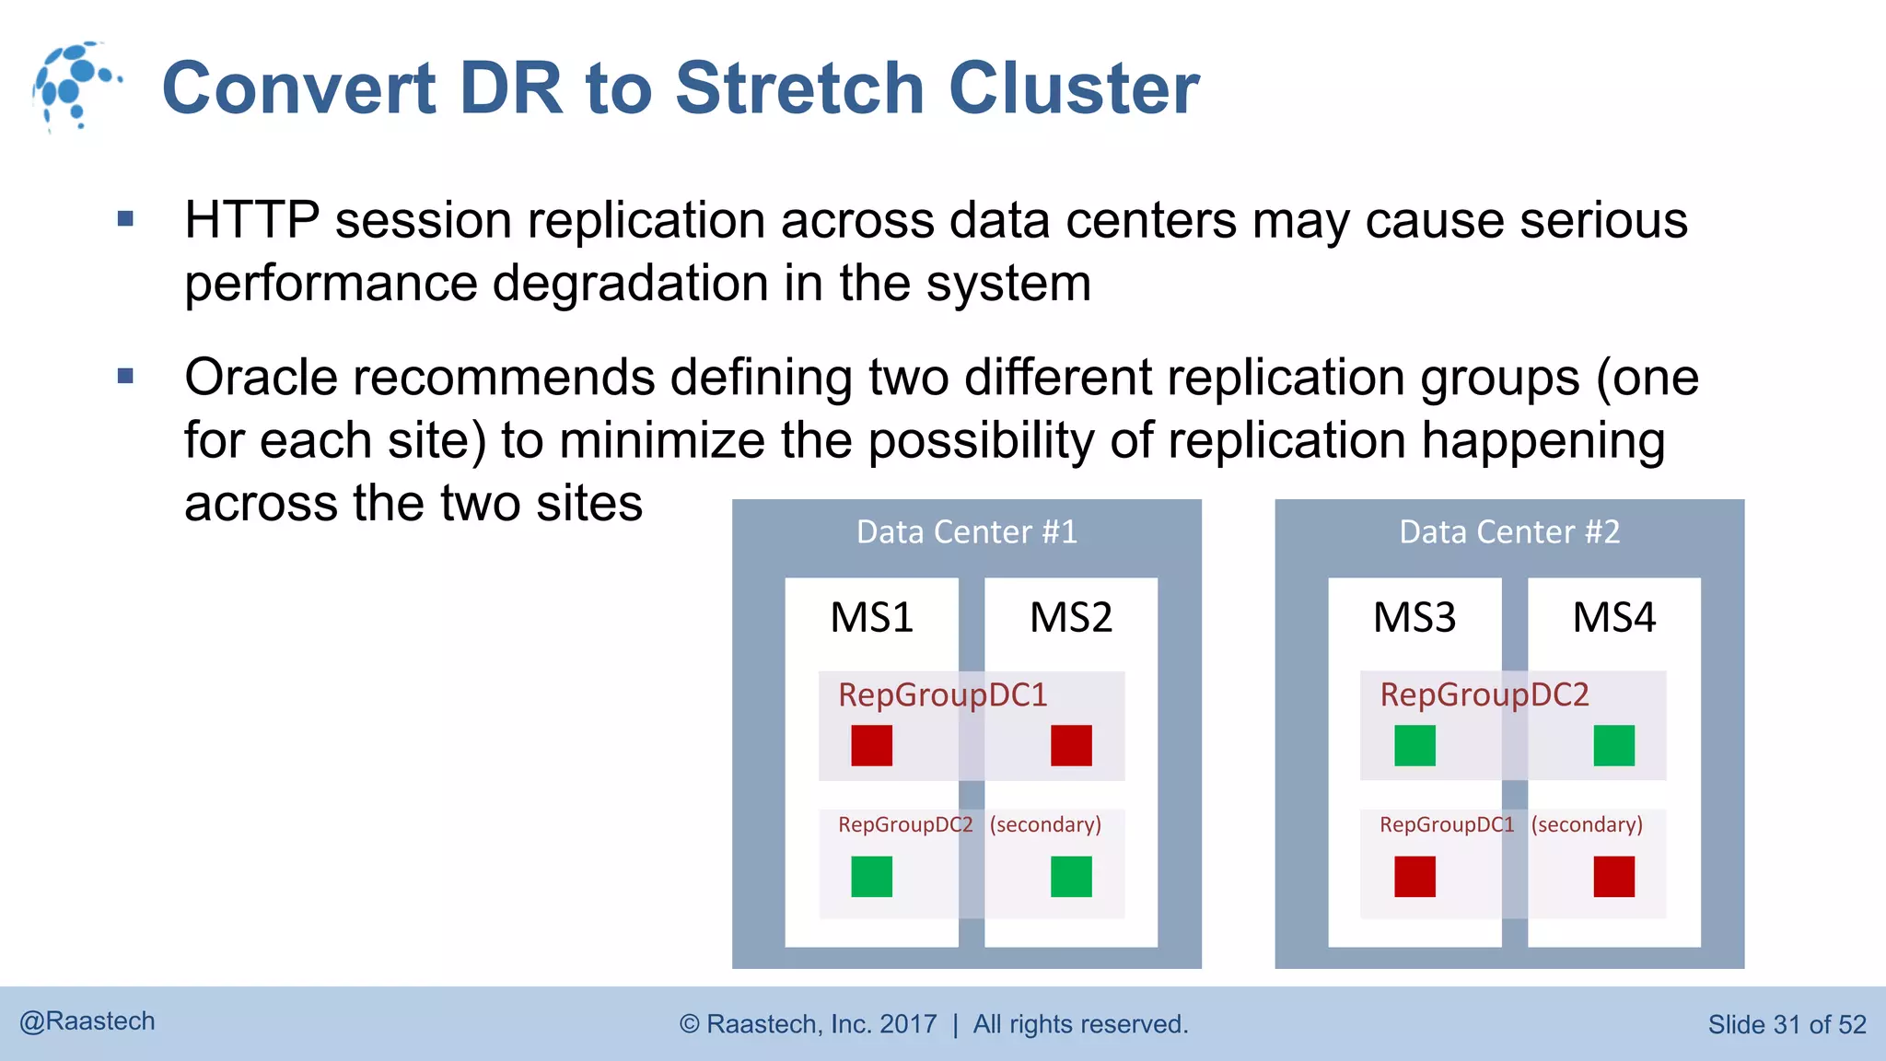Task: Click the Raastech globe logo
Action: (76, 86)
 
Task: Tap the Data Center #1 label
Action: (966, 532)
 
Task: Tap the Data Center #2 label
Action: (1508, 532)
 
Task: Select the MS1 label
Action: (871, 617)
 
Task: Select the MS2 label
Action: (1070, 617)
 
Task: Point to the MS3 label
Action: (1414, 617)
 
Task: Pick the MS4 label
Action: (1613, 617)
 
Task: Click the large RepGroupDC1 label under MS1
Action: (942, 694)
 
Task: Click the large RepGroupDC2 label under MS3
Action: (1484, 694)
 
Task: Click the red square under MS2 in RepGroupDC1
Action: (1071, 745)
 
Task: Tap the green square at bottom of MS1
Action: (871, 876)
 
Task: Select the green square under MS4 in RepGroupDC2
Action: (1613, 745)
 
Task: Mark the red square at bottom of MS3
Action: (1414, 876)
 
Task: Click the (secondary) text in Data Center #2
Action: (1587, 824)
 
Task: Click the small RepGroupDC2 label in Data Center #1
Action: (904, 824)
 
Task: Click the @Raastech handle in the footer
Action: (87, 1021)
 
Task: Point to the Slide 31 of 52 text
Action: (1787, 1024)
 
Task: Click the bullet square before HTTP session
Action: (126, 219)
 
